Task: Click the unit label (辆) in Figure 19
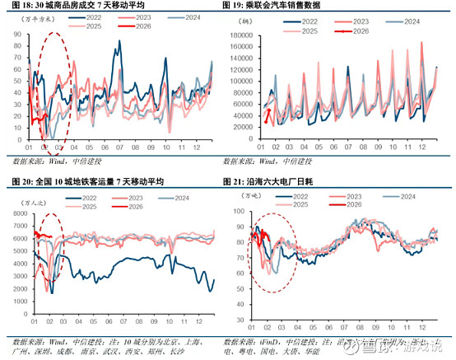point(248,18)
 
